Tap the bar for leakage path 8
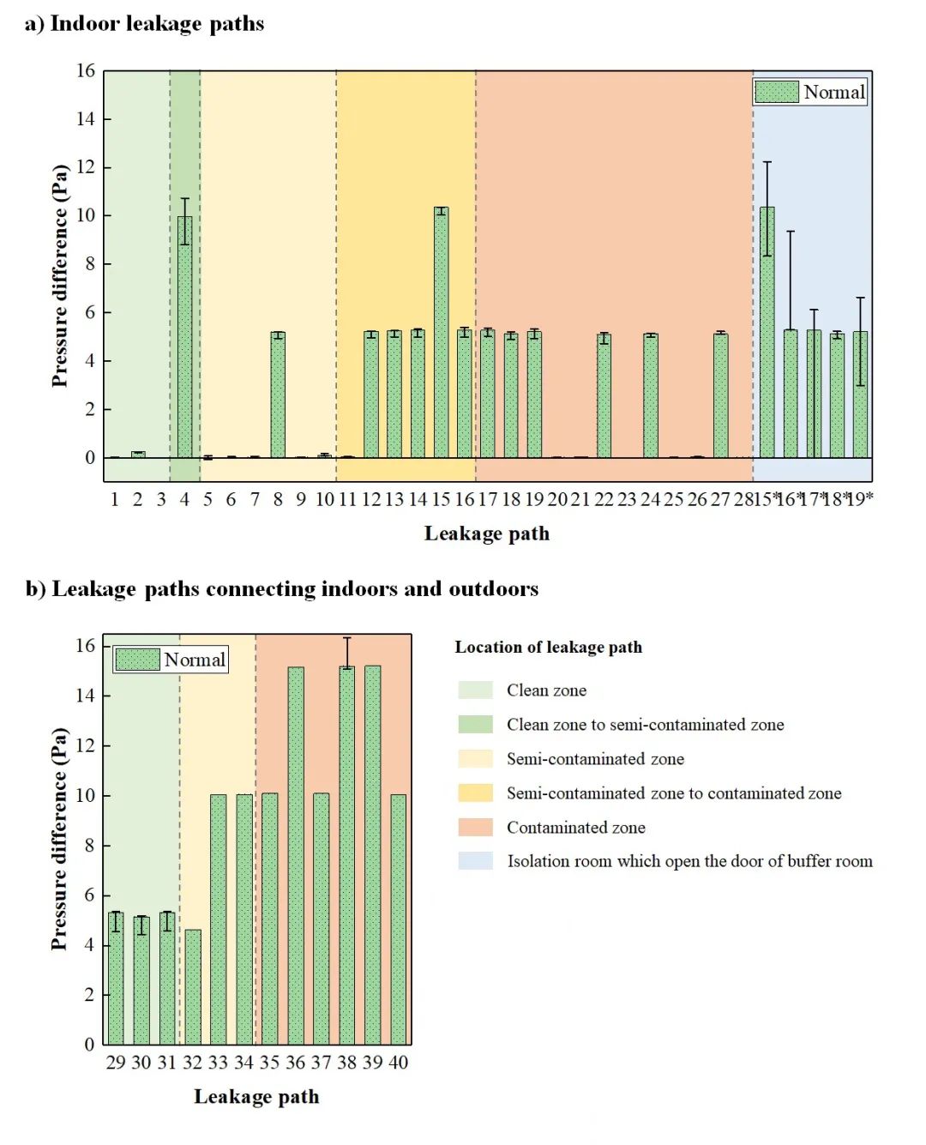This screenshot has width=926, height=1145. coord(278,395)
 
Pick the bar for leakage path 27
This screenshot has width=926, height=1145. coord(721,395)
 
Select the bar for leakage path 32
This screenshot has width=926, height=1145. coord(193,986)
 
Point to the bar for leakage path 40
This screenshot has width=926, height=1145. coord(399,919)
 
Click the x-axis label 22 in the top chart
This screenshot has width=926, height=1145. coord(604,499)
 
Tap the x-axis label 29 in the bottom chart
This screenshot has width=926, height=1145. coord(116,1063)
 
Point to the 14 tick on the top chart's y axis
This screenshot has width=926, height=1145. coord(86,119)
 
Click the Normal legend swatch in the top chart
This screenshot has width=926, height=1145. coord(777,92)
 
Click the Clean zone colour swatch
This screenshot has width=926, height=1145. coord(476,690)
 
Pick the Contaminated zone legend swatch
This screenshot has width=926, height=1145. coord(476,828)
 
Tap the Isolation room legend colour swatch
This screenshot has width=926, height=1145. coord(476,861)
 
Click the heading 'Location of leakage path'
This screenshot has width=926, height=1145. coord(548,648)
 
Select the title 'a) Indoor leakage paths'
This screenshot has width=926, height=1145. coord(144,23)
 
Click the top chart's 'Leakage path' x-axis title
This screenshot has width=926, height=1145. coord(487,533)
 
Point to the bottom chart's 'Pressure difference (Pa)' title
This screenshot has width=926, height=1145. coord(58,839)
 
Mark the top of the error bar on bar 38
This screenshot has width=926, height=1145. coord(346,638)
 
